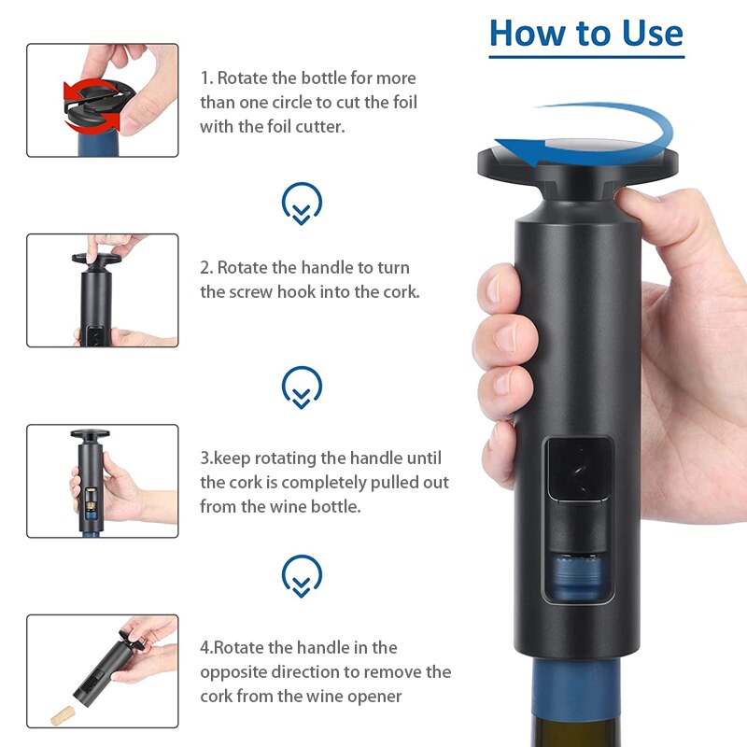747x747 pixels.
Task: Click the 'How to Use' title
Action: point(586,34)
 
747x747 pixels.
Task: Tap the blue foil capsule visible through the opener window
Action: point(576,577)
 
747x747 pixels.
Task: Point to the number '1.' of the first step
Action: point(206,78)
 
